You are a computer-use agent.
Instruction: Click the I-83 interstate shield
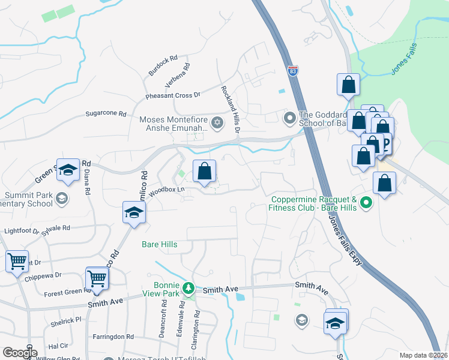pos(292,71)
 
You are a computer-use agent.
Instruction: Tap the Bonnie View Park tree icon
pos(188,289)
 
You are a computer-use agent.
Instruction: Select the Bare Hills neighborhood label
pos(160,244)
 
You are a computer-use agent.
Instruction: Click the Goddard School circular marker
pos(290,116)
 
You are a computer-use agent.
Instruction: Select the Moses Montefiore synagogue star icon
pos(217,124)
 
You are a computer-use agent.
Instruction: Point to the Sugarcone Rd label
pos(106,113)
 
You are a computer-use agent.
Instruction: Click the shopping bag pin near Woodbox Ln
pos(204,172)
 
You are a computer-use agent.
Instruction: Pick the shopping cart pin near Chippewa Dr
pos(17,262)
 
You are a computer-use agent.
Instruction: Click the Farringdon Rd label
pos(113,337)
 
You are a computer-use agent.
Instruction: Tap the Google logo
pos(20,352)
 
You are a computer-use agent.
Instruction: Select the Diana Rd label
pos(88,182)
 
